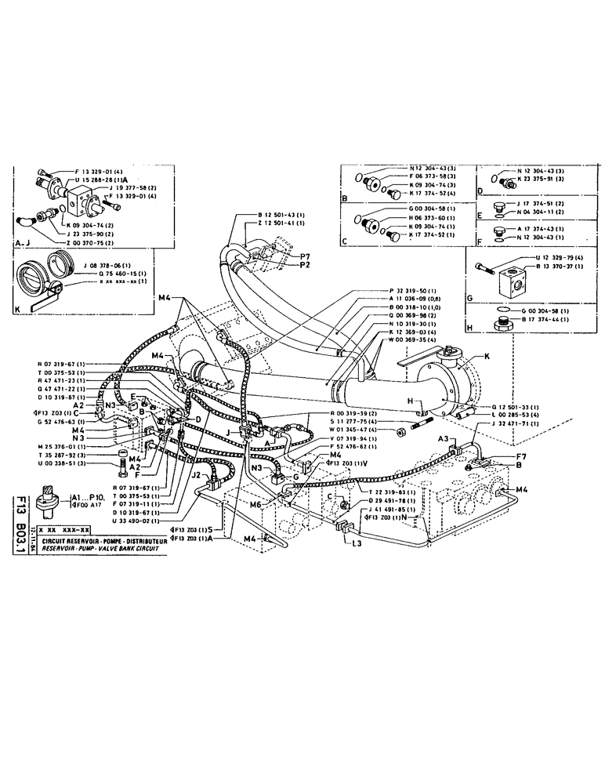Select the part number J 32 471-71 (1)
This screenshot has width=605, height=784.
point(516,423)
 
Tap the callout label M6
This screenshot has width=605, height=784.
point(256,505)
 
